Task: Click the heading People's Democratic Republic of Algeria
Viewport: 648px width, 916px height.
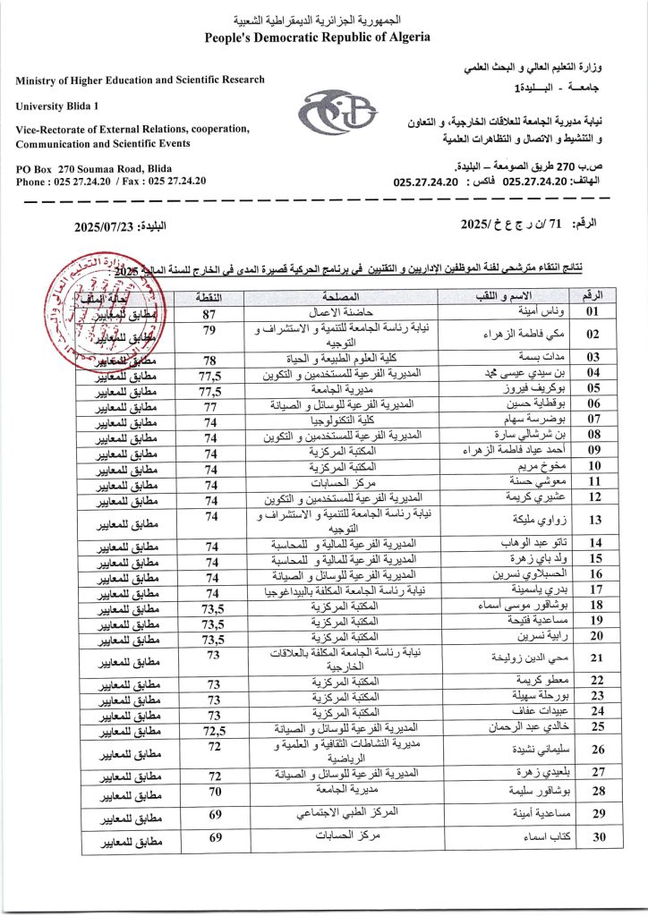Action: click(x=317, y=38)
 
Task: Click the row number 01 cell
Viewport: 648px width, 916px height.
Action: click(x=593, y=313)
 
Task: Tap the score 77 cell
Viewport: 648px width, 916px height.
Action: click(x=210, y=404)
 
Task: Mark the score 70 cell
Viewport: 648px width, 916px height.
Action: click(x=210, y=792)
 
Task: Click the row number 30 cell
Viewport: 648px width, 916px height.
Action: click(x=593, y=837)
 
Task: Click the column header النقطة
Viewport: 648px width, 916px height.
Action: click(x=210, y=296)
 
